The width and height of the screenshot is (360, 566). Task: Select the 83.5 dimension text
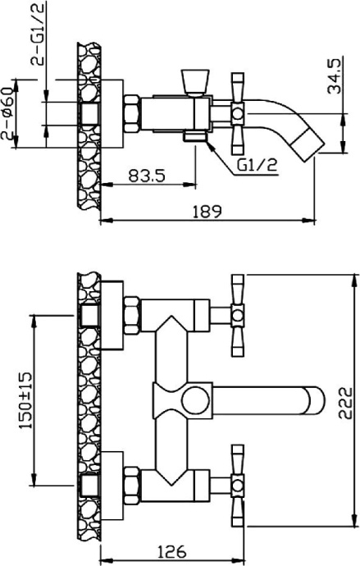tap(148, 174)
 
